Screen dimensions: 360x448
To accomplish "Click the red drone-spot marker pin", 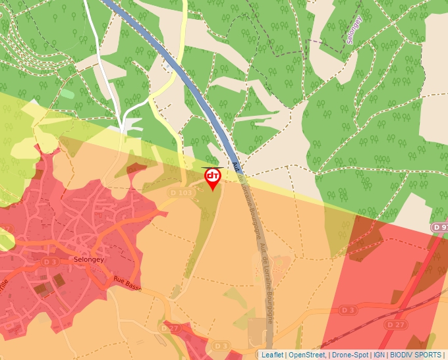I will coord(213,178).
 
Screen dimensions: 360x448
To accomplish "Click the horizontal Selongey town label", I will coord(89,259).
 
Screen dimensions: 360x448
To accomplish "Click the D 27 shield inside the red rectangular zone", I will coord(395,324).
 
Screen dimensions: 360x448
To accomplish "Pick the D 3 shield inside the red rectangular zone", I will coord(349,309).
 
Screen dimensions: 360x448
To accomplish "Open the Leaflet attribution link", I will coord(272,355).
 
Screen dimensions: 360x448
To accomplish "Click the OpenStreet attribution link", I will coord(307,355).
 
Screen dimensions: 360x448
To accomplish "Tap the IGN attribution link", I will coord(379,355).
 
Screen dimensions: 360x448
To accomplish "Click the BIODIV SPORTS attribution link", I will coord(414,355).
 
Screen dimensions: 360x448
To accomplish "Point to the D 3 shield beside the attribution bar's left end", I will coord(221,346).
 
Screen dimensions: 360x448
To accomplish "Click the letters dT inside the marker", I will coord(213,175).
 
